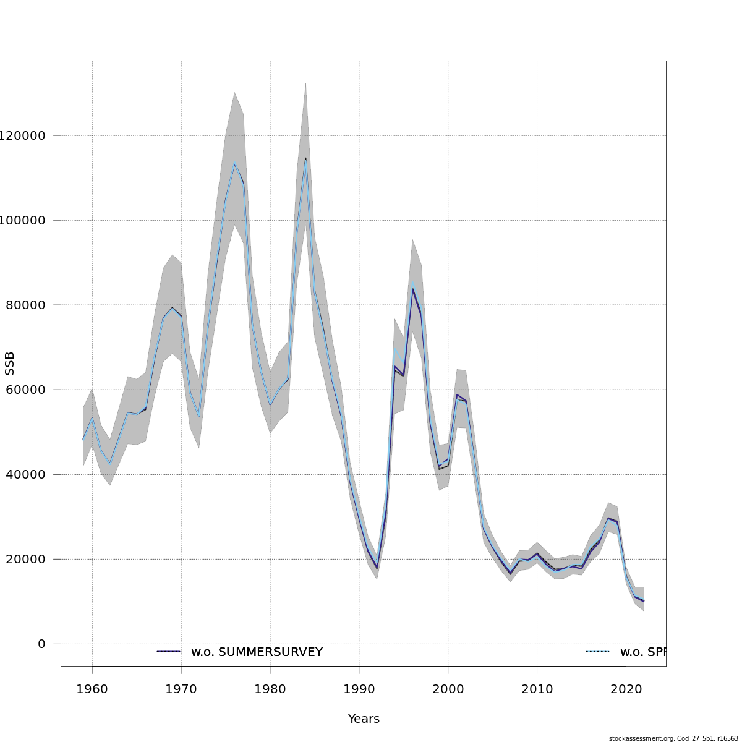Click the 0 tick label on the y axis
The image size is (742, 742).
click(x=41, y=644)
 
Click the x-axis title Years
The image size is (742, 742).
click(x=364, y=719)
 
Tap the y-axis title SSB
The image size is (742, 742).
click(x=9, y=364)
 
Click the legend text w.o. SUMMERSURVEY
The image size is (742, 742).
click(x=257, y=652)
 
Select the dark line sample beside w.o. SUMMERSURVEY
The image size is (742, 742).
click(x=168, y=652)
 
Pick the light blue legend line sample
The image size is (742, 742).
click(x=597, y=652)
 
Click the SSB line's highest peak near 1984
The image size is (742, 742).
click(x=305, y=159)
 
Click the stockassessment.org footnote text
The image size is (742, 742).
click(x=673, y=738)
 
